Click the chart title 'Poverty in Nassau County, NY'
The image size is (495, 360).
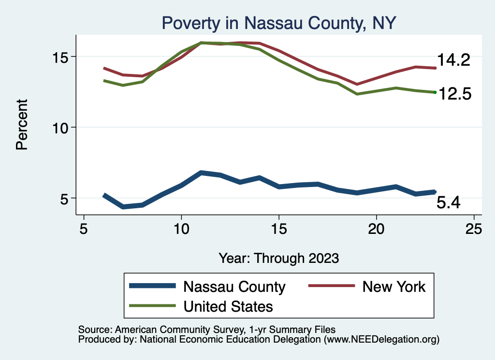(279, 23)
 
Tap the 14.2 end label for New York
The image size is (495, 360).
(453, 60)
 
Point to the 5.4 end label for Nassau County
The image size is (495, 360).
(448, 203)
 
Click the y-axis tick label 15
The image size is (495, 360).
(61, 57)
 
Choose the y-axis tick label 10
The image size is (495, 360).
(61, 128)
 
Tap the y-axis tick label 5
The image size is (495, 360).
(66, 198)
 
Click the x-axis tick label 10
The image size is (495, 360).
(181, 229)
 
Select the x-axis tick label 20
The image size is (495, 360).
(376, 229)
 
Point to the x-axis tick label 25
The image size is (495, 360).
(474, 229)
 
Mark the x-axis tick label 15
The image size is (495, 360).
(279, 229)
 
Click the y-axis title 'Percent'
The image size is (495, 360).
(22, 124)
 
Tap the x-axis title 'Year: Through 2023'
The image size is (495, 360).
(279, 258)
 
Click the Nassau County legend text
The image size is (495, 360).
(234, 287)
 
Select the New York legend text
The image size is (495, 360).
(394, 287)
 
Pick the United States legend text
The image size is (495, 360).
(228, 306)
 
